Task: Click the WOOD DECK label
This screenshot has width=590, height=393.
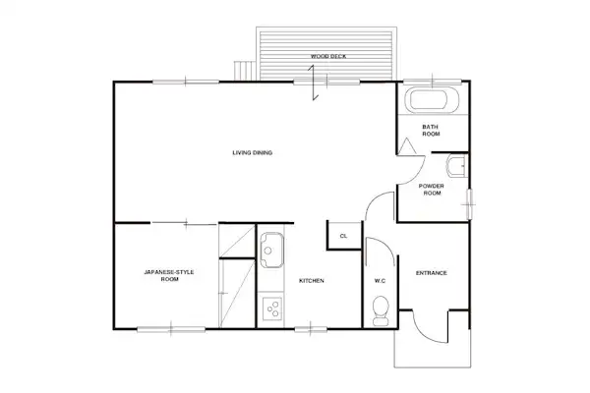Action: coord(328,56)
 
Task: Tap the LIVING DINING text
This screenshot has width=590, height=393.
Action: coord(252,152)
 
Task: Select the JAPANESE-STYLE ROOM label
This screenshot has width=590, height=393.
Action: coord(169,275)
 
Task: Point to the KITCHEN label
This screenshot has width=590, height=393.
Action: coord(311,281)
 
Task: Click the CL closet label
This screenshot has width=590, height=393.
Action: coord(343,236)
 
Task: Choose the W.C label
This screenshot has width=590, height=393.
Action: coord(380,281)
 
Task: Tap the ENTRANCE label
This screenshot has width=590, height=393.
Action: coord(432,273)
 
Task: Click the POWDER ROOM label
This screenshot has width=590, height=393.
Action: coord(432,190)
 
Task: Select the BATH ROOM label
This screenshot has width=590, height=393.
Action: coord(431,130)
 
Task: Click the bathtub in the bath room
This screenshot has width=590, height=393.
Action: coord(432,100)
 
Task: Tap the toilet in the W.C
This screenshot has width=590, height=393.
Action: coord(381,310)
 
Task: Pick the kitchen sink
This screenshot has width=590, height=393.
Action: coord(271,250)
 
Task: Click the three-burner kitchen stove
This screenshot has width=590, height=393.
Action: coord(272,309)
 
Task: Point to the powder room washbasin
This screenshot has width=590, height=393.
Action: coord(457,166)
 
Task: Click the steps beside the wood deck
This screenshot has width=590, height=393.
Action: coord(244,71)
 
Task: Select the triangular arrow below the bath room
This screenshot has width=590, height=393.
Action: coord(406,146)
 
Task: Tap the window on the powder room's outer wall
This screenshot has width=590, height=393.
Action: coord(469,204)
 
